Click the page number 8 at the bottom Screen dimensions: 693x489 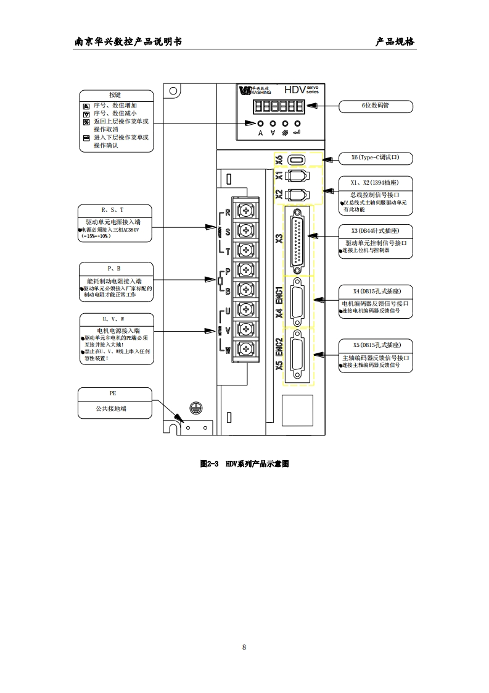click(x=244, y=647)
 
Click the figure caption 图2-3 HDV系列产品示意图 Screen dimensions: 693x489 click(x=244, y=463)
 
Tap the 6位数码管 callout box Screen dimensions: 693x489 click(x=376, y=106)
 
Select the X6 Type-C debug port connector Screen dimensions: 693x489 click(x=298, y=159)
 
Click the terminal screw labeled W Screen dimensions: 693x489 click(x=247, y=348)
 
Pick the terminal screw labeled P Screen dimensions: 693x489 click(x=247, y=270)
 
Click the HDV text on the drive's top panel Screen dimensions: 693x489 click(x=295, y=90)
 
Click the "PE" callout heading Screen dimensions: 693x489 click(x=115, y=393)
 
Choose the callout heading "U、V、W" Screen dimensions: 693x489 click(x=115, y=319)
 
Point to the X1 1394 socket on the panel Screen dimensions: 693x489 click(x=298, y=176)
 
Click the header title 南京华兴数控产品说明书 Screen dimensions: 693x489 click(x=128, y=42)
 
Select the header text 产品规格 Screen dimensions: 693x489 click(x=395, y=42)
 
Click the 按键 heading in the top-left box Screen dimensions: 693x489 click(x=115, y=95)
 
